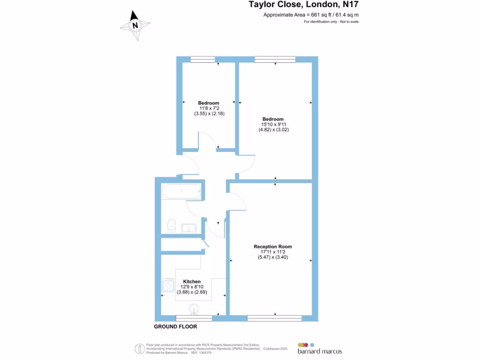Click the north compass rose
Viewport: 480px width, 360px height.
pos(135,25)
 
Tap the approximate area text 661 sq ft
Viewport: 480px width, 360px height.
pos(311,15)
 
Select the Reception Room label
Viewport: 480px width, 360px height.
pos(273,247)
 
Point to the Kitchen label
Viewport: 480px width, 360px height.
pos(192,282)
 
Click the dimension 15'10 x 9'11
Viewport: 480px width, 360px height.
pos(274,124)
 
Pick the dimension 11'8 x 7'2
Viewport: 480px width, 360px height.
pos(208,108)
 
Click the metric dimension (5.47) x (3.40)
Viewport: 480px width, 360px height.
pos(273,257)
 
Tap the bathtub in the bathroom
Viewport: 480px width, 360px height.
pos(181,191)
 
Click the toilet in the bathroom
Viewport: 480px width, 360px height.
pos(172,226)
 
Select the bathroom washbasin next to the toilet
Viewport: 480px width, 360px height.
pos(190,228)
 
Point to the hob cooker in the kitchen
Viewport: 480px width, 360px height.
pos(168,285)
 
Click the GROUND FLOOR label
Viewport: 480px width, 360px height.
pos(175,327)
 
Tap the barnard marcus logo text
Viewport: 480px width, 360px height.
pos(320,351)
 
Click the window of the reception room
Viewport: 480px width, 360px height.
pos(274,318)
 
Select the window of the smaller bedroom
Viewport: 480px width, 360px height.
pos(202,59)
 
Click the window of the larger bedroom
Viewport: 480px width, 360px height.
pos(275,59)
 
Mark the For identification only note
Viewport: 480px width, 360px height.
pos(331,22)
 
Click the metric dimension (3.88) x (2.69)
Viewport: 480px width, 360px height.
pos(192,292)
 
